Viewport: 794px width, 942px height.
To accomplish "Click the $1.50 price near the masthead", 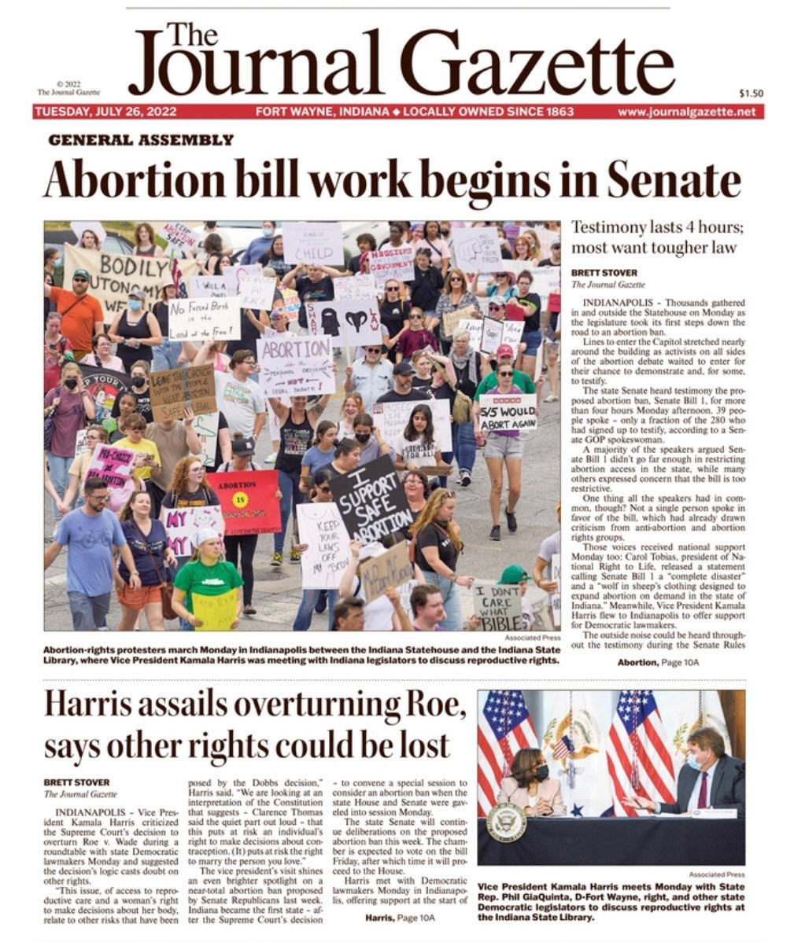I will click(x=751, y=93).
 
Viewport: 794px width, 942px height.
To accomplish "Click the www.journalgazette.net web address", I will click(x=686, y=112).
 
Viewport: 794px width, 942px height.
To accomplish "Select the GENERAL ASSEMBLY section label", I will click(x=141, y=140).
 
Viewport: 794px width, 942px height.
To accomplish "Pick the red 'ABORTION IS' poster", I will click(x=243, y=502).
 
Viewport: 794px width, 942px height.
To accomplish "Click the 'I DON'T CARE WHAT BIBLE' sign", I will click(x=498, y=605).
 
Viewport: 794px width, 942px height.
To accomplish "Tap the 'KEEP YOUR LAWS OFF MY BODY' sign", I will click(x=323, y=543).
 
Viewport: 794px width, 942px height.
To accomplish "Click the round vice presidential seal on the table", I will click(x=505, y=821).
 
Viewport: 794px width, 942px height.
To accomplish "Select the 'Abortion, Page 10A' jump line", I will click(x=658, y=662).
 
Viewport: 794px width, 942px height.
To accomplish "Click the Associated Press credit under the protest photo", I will click(x=532, y=638).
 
